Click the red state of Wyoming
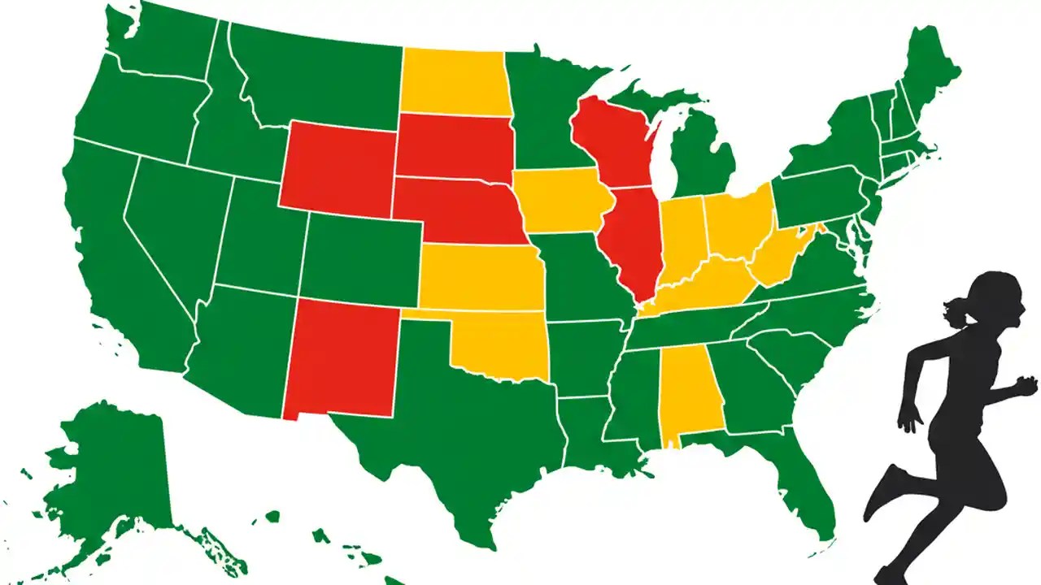(x=337, y=167)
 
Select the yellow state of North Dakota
(x=452, y=81)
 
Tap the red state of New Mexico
(x=342, y=357)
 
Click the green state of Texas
(x=455, y=431)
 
